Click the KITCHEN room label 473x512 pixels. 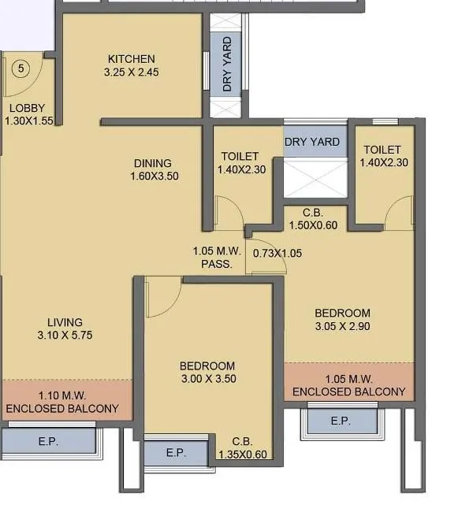(131, 59)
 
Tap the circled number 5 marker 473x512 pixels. (21, 69)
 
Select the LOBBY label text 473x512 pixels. (27, 109)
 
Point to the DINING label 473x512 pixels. (153, 164)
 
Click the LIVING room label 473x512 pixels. (65, 322)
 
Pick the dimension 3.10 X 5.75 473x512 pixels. (65, 336)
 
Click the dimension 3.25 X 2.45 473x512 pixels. (131, 72)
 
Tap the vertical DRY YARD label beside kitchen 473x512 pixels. (227, 64)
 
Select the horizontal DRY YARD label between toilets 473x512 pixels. (313, 143)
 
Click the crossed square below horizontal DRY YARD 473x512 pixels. (315, 178)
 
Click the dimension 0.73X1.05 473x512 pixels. (277, 254)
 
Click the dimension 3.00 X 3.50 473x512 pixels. (207, 379)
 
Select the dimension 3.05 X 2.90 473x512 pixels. (342, 326)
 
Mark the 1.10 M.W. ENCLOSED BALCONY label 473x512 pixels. (62, 403)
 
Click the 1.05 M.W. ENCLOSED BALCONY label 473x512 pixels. (348, 385)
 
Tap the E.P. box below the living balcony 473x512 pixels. (48, 442)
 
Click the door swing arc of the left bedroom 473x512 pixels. (163, 293)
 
